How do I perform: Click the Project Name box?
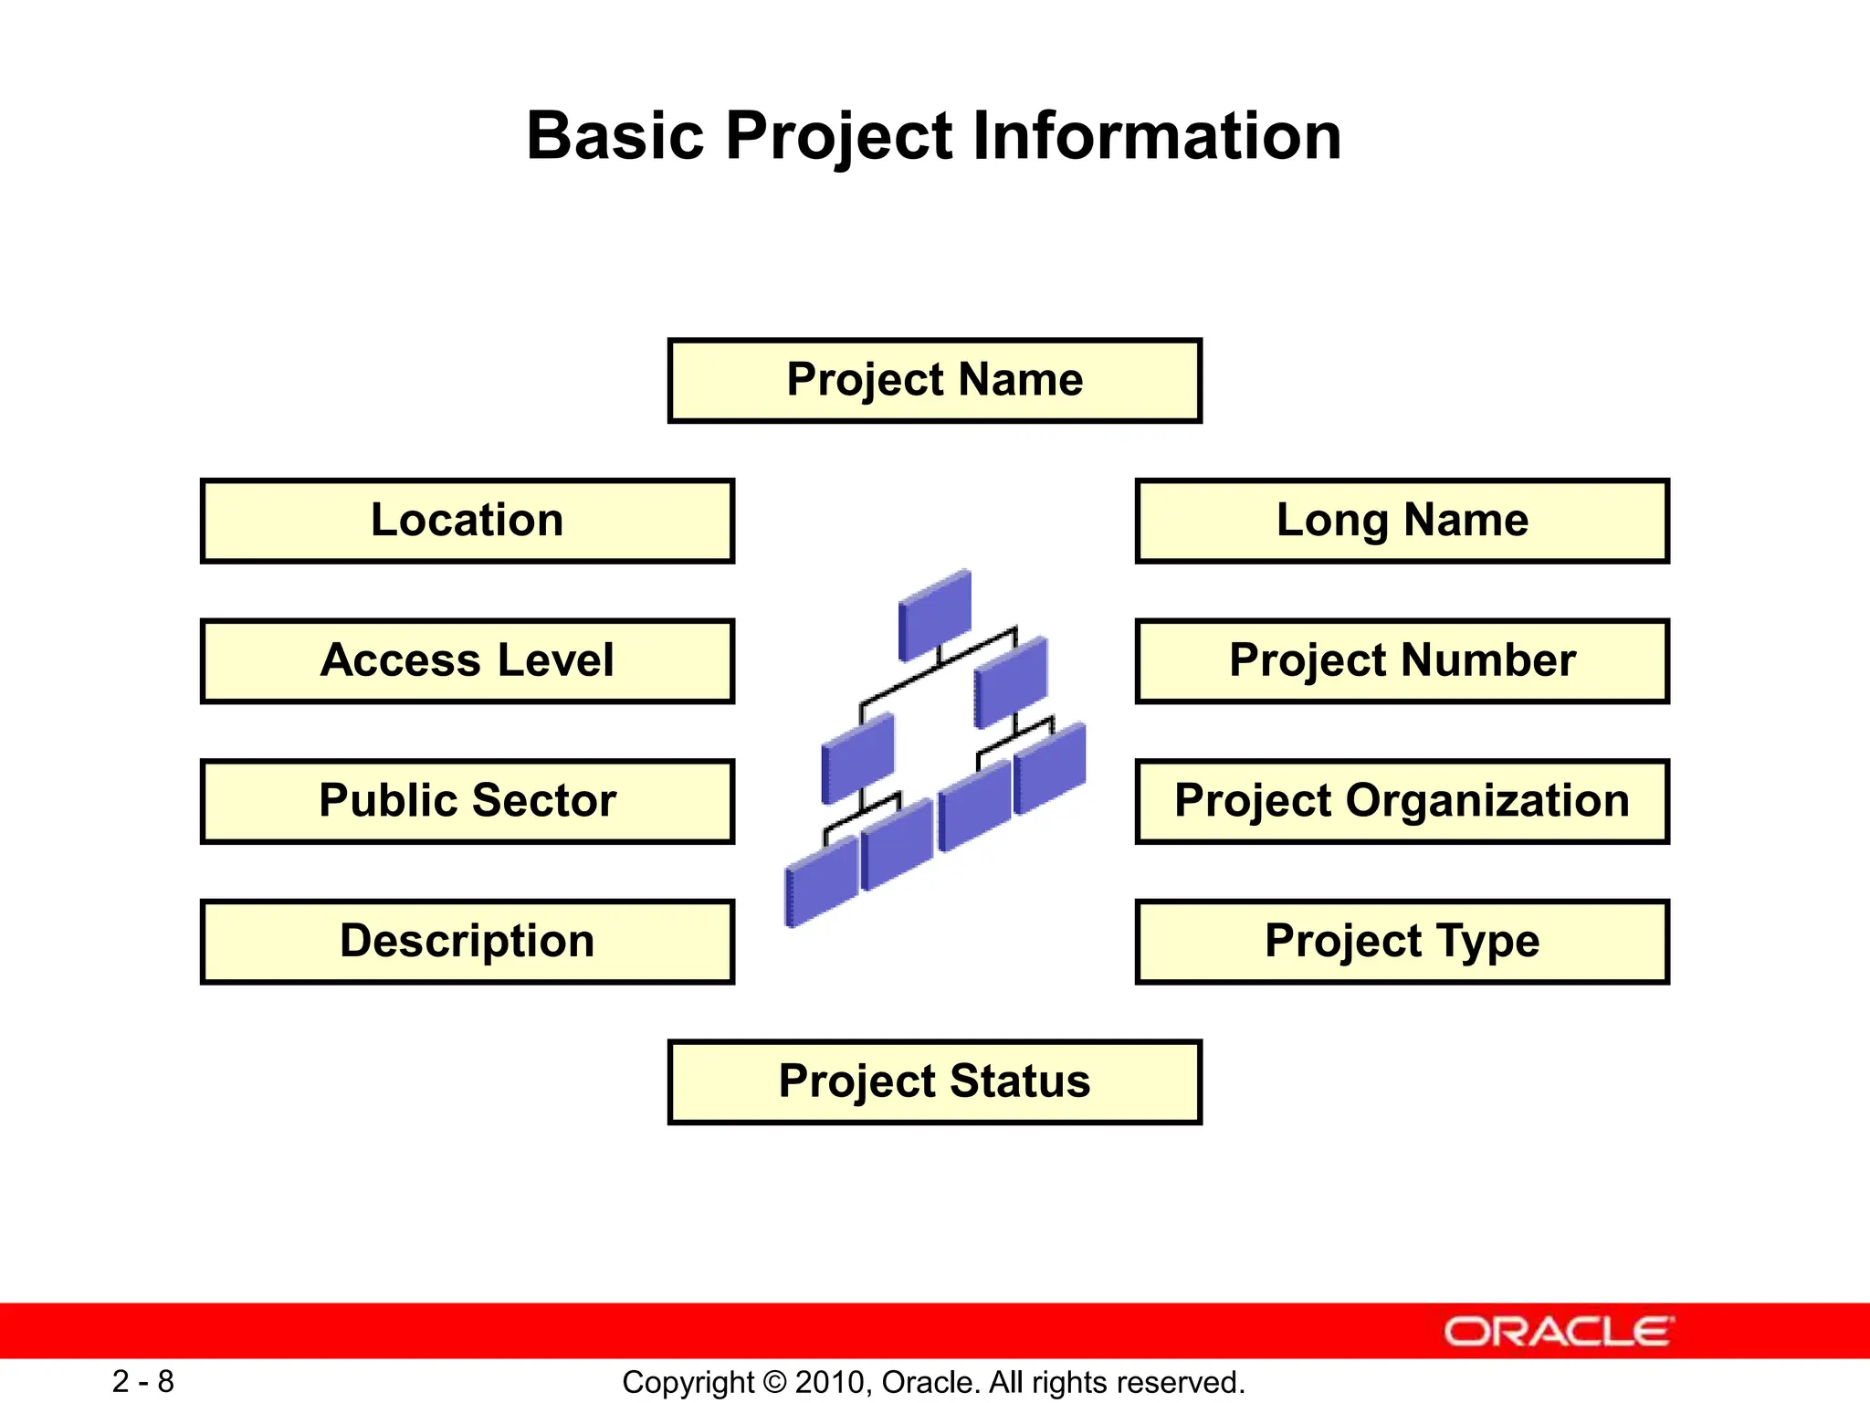click(934, 380)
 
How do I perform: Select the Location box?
click(467, 521)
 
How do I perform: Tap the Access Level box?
click(467, 660)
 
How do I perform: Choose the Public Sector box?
click(467, 801)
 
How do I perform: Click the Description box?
click(467, 942)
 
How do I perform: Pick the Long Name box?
click(1402, 521)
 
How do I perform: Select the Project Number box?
click(1402, 660)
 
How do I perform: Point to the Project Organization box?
click(1402, 801)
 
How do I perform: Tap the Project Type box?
click(1402, 942)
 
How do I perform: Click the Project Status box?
click(934, 1081)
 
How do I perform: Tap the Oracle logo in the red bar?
click(1559, 1332)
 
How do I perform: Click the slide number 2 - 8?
click(143, 1381)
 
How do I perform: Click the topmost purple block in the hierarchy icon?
click(935, 614)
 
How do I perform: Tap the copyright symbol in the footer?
click(774, 1382)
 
